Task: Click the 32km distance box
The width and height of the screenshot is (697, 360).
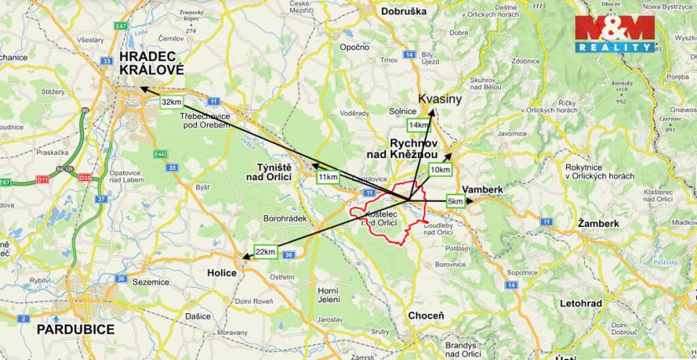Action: [172, 102]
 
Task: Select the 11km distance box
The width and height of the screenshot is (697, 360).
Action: [328, 177]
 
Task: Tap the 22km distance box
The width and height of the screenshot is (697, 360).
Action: [266, 252]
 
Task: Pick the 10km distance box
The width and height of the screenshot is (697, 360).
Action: [440, 170]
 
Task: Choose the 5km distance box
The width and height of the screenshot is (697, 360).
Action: [456, 202]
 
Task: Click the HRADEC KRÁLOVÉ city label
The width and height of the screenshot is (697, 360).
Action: [150, 64]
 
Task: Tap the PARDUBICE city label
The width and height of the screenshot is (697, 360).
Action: [75, 330]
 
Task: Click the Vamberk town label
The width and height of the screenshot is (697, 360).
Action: [483, 190]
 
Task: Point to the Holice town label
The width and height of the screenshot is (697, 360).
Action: [222, 273]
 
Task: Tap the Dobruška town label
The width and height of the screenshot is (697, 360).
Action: [409, 12]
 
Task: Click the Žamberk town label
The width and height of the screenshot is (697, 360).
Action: [598, 224]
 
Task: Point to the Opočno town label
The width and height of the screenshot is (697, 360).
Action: [355, 48]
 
